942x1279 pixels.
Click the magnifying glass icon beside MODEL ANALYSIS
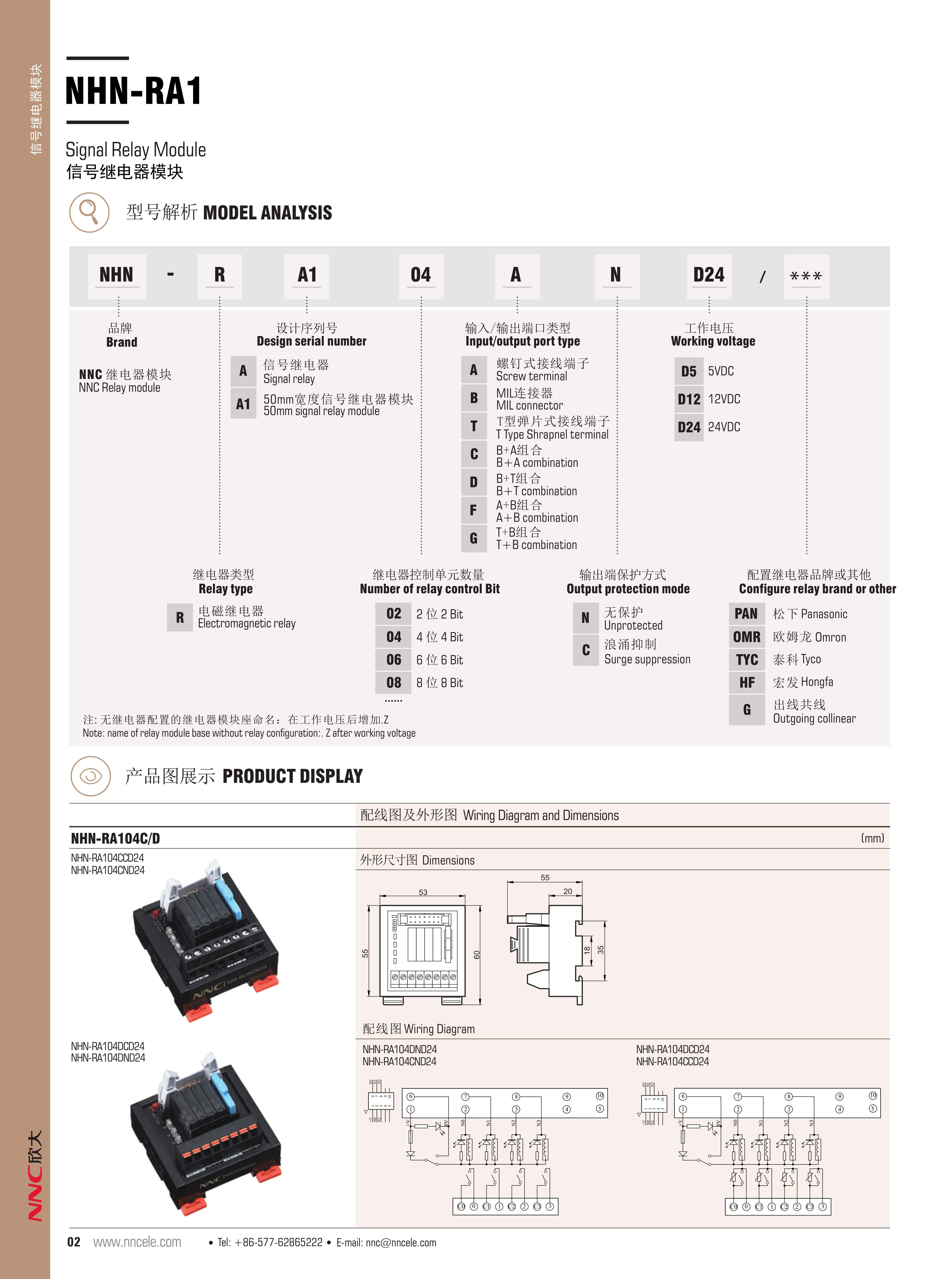point(89,212)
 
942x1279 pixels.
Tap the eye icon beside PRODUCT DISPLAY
point(90,776)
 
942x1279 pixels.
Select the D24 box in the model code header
point(709,276)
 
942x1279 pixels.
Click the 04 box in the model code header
point(421,276)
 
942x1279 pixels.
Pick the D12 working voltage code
point(689,399)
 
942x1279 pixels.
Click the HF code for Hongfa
point(746,682)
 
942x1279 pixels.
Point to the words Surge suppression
point(647,660)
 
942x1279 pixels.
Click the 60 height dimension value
point(477,954)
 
